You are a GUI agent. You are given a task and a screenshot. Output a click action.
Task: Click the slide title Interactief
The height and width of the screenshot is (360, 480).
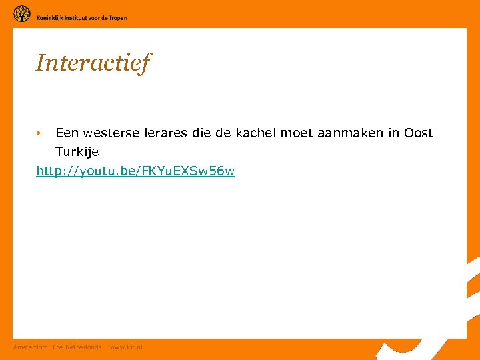93,63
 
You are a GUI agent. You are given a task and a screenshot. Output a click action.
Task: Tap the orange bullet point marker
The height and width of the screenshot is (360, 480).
40,133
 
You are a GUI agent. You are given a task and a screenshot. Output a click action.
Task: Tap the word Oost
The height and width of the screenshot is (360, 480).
417,133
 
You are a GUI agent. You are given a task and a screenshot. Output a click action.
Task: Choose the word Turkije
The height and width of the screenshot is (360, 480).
77,152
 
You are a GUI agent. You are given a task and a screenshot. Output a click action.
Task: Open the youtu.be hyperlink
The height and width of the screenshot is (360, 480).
135,171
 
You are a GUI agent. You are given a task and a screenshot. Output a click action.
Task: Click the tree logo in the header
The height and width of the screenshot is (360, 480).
22,14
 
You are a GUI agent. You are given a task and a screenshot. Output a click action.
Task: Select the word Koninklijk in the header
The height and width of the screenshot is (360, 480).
51,18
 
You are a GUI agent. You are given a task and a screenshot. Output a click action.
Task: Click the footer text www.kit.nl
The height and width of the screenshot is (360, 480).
126,347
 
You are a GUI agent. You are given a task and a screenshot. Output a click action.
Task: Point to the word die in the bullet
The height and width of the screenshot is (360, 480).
200,133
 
